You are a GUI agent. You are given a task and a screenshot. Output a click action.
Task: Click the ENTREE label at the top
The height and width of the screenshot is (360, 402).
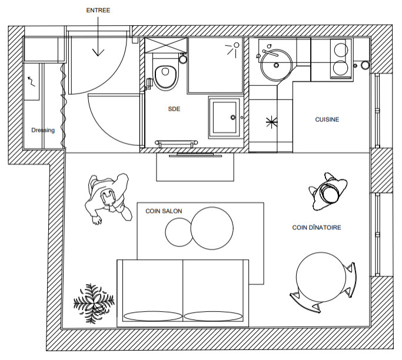point(98,11)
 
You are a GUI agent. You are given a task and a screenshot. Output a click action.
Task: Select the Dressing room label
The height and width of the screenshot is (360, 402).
point(43,130)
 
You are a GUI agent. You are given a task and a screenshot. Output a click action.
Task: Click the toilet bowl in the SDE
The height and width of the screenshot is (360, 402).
point(165,78)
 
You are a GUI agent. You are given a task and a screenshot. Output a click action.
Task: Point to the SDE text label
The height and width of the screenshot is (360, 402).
point(174,109)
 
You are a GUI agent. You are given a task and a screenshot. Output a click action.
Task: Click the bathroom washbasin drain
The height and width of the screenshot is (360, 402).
point(233,117)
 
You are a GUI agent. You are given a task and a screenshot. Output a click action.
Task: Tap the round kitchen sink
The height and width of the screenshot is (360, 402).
point(276,65)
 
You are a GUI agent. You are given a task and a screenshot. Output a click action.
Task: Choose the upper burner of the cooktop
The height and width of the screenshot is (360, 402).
point(341,50)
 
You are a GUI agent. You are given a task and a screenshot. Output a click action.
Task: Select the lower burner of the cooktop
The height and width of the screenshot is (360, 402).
point(341,68)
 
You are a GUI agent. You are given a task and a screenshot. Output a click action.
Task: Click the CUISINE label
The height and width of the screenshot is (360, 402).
point(327,119)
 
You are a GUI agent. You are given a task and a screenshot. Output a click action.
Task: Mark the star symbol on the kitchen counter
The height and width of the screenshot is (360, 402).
point(272,122)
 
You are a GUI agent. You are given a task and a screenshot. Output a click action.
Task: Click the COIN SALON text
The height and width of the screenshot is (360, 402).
point(164,211)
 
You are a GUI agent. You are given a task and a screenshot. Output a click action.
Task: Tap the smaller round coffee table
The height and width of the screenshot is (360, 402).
point(179,232)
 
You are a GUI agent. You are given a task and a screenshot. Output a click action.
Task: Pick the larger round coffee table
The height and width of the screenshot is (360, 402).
point(212,228)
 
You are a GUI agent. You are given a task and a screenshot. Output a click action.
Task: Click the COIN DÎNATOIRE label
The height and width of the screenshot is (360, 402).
point(317,228)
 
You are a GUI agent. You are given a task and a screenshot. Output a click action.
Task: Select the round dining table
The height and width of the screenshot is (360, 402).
point(321,276)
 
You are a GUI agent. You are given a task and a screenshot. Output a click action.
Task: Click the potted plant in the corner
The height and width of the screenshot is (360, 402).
point(94,303)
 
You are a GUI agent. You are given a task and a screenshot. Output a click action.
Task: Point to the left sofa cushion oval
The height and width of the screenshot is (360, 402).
point(153,316)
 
